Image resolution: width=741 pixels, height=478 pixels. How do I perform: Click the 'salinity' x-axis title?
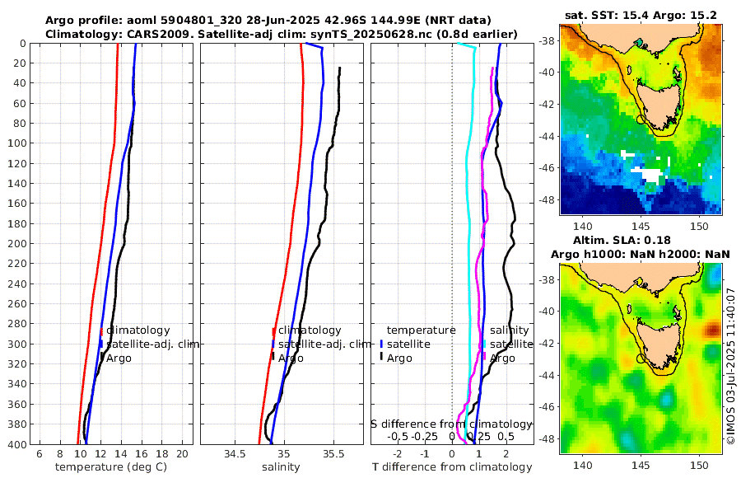point(281,467)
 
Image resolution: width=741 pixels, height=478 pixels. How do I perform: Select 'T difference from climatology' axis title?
point(452,467)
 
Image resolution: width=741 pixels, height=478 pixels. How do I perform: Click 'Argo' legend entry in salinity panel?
point(291,358)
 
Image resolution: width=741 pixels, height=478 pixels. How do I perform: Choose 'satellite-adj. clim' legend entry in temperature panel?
point(152,344)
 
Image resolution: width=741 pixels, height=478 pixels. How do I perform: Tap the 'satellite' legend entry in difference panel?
point(408,344)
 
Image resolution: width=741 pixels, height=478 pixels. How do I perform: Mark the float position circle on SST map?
point(641,119)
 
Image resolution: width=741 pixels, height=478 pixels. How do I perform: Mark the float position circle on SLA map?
point(641,358)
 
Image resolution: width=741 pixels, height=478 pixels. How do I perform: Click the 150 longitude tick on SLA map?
point(700,465)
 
